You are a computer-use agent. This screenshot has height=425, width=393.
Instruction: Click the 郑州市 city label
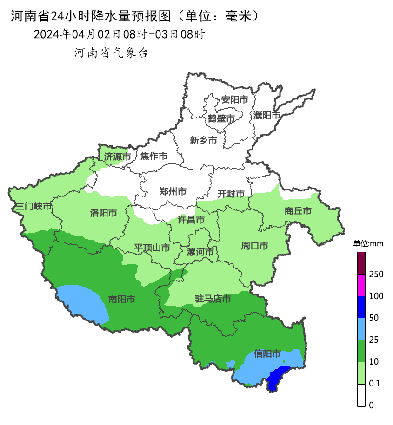[x=173, y=191]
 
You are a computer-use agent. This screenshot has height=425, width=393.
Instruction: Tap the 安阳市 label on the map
[x=234, y=99]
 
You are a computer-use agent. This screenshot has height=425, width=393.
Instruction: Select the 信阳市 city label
[x=267, y=354]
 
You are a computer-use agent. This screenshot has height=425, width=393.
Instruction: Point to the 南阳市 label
[x=121, y=300]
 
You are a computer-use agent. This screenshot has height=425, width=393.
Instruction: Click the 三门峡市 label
[x=33, y=206]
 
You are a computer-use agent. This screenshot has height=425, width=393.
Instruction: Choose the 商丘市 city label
[x=298, y=211]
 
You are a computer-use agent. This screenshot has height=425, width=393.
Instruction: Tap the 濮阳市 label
[x=267, y=115]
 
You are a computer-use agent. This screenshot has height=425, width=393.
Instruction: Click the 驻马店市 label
[x=213, y=299]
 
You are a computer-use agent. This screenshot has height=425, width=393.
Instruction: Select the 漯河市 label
[x=200, y=252]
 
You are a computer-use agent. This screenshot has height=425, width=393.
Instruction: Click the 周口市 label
[x=254, y=246]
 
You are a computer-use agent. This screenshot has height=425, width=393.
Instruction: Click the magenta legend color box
[x=361, y=285]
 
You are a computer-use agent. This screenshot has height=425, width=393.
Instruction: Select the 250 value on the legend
[x=376, y=274]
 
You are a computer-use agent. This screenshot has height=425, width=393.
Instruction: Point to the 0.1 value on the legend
[x=374, y=383]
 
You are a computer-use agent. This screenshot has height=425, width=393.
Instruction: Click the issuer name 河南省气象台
[x=111, y=53]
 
